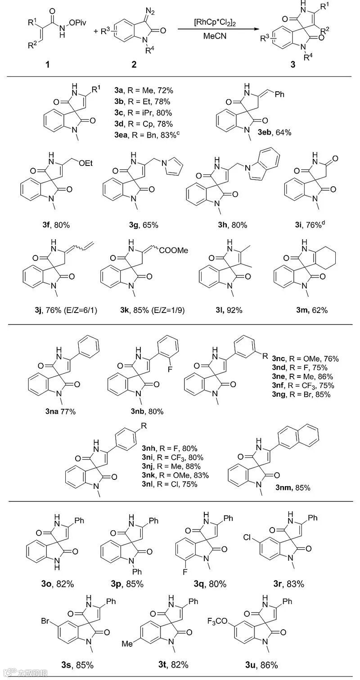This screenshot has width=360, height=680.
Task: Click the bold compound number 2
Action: (x=134, y=64)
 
